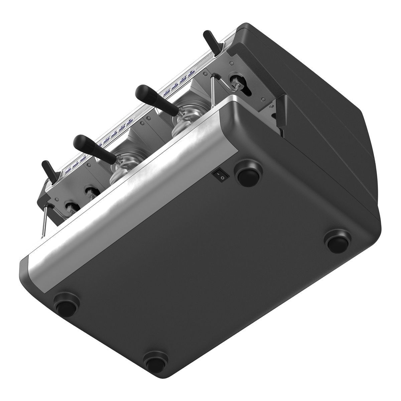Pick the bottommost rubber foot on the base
(x=156, y=359)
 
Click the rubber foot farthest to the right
(x=339, y=241)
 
